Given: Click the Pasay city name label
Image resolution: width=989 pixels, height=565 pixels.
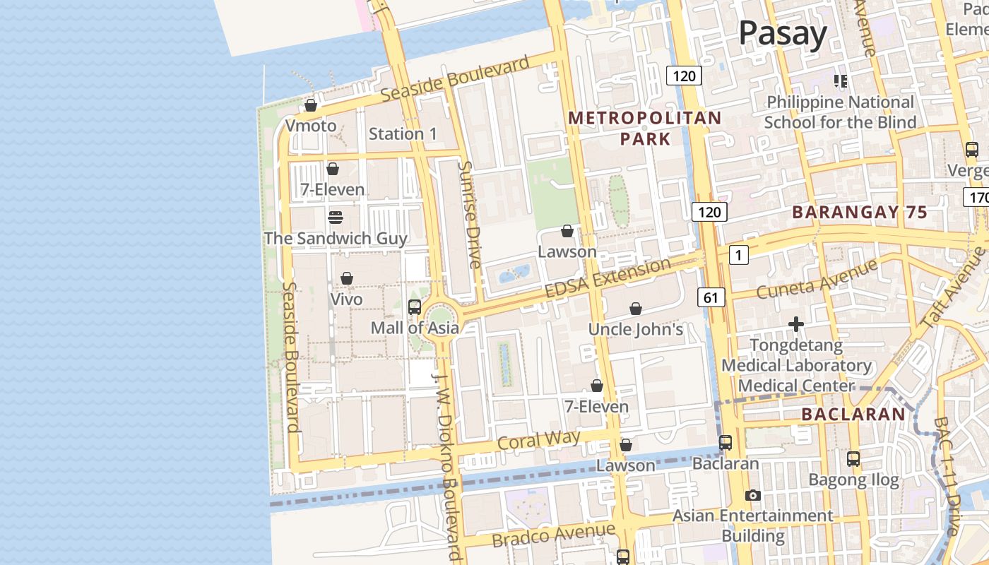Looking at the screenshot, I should (x=783, y=34).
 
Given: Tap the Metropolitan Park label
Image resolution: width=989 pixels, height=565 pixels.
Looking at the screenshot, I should (x=645, y=128).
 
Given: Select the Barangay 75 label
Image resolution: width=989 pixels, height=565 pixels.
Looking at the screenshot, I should (x=859, y=212).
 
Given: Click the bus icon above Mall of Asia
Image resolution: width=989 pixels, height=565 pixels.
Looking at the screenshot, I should (x=415, y=307).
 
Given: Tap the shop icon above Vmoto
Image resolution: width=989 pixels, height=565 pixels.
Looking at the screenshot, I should (x=311, y=105).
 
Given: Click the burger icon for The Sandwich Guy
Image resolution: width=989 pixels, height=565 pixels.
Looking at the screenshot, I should (x=336, y=217).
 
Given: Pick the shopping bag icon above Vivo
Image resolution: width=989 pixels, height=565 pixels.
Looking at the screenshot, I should (x=347, y=278).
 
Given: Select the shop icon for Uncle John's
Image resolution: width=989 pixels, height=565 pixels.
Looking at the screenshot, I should (x=636, y=309).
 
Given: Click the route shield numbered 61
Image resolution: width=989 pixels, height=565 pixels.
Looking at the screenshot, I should (x=711, y=298).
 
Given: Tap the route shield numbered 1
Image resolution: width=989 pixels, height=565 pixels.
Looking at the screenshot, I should (x=738, y=255).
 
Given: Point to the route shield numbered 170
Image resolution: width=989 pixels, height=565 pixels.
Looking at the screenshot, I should (x=976, y=197).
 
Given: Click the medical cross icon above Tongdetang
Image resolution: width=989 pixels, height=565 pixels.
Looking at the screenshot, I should (x=796, y=324).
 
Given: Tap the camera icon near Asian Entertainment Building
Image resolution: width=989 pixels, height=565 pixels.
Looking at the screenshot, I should (x=753, y=495).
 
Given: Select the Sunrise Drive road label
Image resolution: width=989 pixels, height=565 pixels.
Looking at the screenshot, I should (x=469, y=214).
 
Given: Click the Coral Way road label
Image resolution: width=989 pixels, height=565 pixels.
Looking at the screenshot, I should (x=538, y=440).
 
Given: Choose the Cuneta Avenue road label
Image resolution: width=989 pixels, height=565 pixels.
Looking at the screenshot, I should (x=816, y=279).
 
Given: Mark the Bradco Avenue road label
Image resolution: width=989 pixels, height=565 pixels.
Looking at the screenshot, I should (x=553, y=535).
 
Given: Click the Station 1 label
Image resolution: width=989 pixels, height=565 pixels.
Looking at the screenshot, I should (x=403, y=133).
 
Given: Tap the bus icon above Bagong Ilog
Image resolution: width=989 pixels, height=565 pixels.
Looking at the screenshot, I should (x=853, y=459).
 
